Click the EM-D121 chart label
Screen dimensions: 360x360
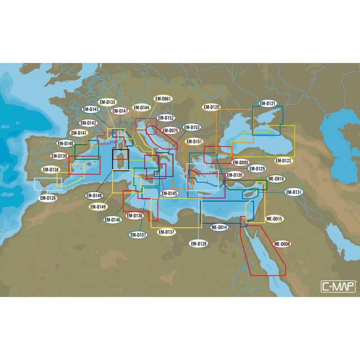268,103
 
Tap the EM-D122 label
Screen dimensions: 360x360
283,161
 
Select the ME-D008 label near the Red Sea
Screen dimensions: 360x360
282,244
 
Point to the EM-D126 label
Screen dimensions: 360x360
48,198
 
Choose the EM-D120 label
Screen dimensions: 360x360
211,107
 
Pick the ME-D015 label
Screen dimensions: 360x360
274,219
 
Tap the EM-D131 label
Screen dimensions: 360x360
294,192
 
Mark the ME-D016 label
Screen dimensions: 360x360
276,179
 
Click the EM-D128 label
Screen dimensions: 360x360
198,243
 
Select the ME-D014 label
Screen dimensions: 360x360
220,228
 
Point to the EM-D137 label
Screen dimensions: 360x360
166,232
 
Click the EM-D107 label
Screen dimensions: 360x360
138,234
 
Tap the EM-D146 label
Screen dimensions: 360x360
112,220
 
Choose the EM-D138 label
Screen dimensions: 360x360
50,170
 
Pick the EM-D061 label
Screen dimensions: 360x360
163,99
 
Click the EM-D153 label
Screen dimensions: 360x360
192,127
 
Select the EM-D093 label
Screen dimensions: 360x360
240,162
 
